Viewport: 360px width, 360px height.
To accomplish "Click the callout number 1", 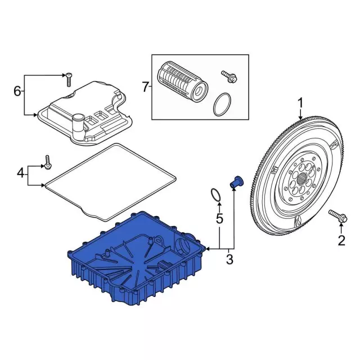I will [300, 103].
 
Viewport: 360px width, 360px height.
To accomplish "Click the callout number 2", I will [341, 242].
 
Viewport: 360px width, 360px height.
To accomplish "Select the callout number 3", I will [228, 259].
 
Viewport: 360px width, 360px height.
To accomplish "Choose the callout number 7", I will [146, 87].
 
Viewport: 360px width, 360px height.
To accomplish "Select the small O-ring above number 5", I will [214, 195].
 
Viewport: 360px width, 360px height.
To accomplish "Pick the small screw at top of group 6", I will [68, 79].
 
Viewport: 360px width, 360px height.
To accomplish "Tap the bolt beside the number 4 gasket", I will [48, 161].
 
